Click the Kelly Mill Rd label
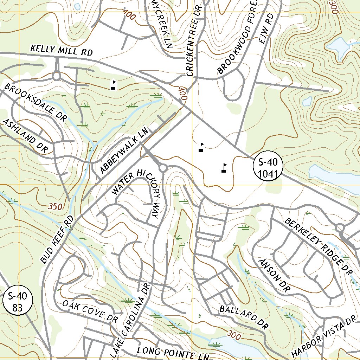click(61, 50)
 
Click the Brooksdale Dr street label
click(36, 102)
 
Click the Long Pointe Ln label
click(173, 353)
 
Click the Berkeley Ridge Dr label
click(319, 246)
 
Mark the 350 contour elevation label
click(56, 206)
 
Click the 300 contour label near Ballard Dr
click(234, 334)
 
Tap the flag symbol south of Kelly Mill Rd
click(113, 85)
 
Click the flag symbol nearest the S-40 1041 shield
click(224, 168)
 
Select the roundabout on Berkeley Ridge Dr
click(340, 228)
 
